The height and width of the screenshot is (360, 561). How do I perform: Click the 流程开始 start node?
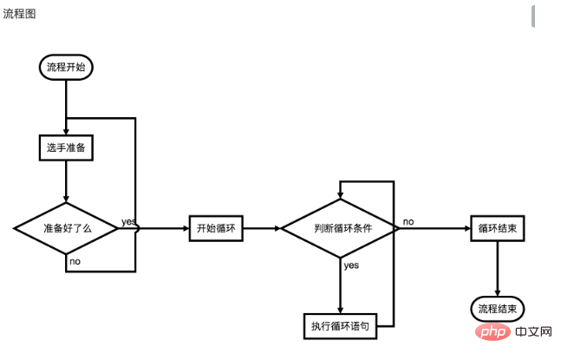point(66,67)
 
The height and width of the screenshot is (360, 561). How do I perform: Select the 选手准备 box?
point(66,147)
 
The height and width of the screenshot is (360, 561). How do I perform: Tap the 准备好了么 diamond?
point(67,228)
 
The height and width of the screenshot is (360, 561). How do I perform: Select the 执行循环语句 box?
point(340,325)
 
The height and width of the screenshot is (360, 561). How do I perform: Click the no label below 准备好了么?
point(75,261)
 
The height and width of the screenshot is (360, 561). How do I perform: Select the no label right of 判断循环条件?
point(408,221)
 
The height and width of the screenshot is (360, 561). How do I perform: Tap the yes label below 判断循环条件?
point(351,265)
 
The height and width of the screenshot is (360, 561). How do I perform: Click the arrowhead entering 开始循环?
point(185,228)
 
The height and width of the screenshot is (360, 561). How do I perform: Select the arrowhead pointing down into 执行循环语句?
point(340,309)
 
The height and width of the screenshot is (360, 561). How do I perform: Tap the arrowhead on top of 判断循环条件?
point(340,195)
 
